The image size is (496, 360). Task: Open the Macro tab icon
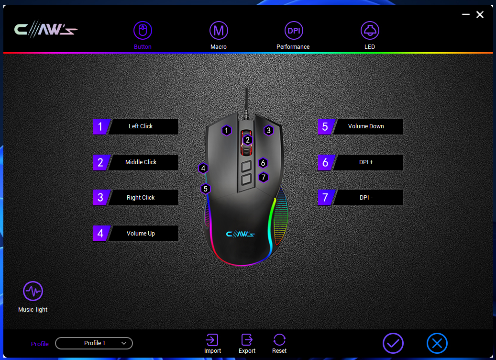(x=219, y=31)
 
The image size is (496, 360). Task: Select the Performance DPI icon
(x=294, y=31)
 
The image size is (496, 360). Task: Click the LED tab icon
(x=370, y=31)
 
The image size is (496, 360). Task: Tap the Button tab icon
(x=143, y=31)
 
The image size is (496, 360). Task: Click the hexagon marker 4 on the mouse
(x=203, y=168)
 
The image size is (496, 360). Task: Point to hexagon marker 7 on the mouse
(x=263, y=177)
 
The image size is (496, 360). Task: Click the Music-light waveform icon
(x=33, y=291)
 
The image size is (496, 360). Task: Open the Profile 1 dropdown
(x=94, y=343)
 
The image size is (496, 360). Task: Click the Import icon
(x=212, y=340)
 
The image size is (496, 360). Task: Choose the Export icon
(x=247, y=340)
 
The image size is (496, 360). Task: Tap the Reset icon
(x=279, y=340)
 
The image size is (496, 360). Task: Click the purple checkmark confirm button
(x=393, y=343)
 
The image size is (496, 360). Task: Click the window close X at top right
(x=480, y=14)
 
